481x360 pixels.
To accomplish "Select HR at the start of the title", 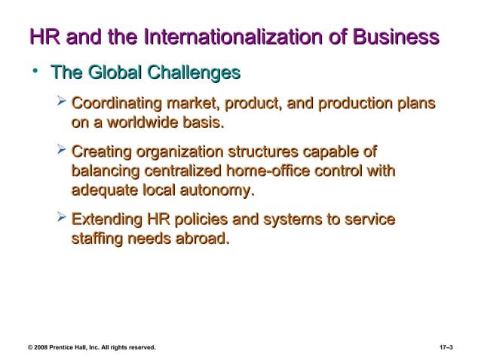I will [x=41, y=37].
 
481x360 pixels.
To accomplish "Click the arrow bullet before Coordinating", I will [x=62, y=102].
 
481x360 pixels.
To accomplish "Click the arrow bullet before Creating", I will [x=62, y=154].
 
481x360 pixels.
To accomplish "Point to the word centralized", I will [x=173, y=172].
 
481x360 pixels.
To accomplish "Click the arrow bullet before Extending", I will [x=62, y=221].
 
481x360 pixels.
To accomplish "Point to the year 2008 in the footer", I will [x=41, y=347].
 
